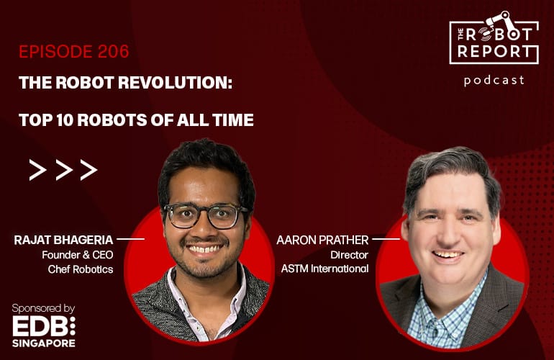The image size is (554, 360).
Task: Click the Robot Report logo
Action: point(494,40)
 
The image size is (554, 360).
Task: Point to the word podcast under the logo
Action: point(494,80)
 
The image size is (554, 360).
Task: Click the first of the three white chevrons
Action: point(37,170)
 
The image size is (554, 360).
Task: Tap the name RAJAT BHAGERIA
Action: point(64,240)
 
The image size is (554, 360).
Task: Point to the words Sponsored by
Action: point(43,308)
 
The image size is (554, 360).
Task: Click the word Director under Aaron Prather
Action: point(349,255)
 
